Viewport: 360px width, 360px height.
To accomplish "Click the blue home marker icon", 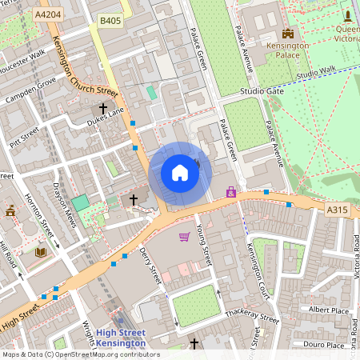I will point(180,173).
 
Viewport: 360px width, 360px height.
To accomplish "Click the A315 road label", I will point(338,210).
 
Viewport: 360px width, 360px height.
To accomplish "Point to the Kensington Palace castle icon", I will point(287,33).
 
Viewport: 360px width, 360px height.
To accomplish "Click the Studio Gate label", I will point(262,92).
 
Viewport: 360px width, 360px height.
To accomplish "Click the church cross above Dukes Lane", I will point(102,107).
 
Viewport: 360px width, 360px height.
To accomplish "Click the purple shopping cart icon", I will point(184,237).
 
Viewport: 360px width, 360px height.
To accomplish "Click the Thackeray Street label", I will point(251,317).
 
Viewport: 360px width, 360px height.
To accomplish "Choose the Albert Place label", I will point(329,309).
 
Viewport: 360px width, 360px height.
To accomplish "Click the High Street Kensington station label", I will point(120,338).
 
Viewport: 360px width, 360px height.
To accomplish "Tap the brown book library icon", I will point(40,252).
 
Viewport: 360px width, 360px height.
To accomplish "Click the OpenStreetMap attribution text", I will point(80,354).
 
